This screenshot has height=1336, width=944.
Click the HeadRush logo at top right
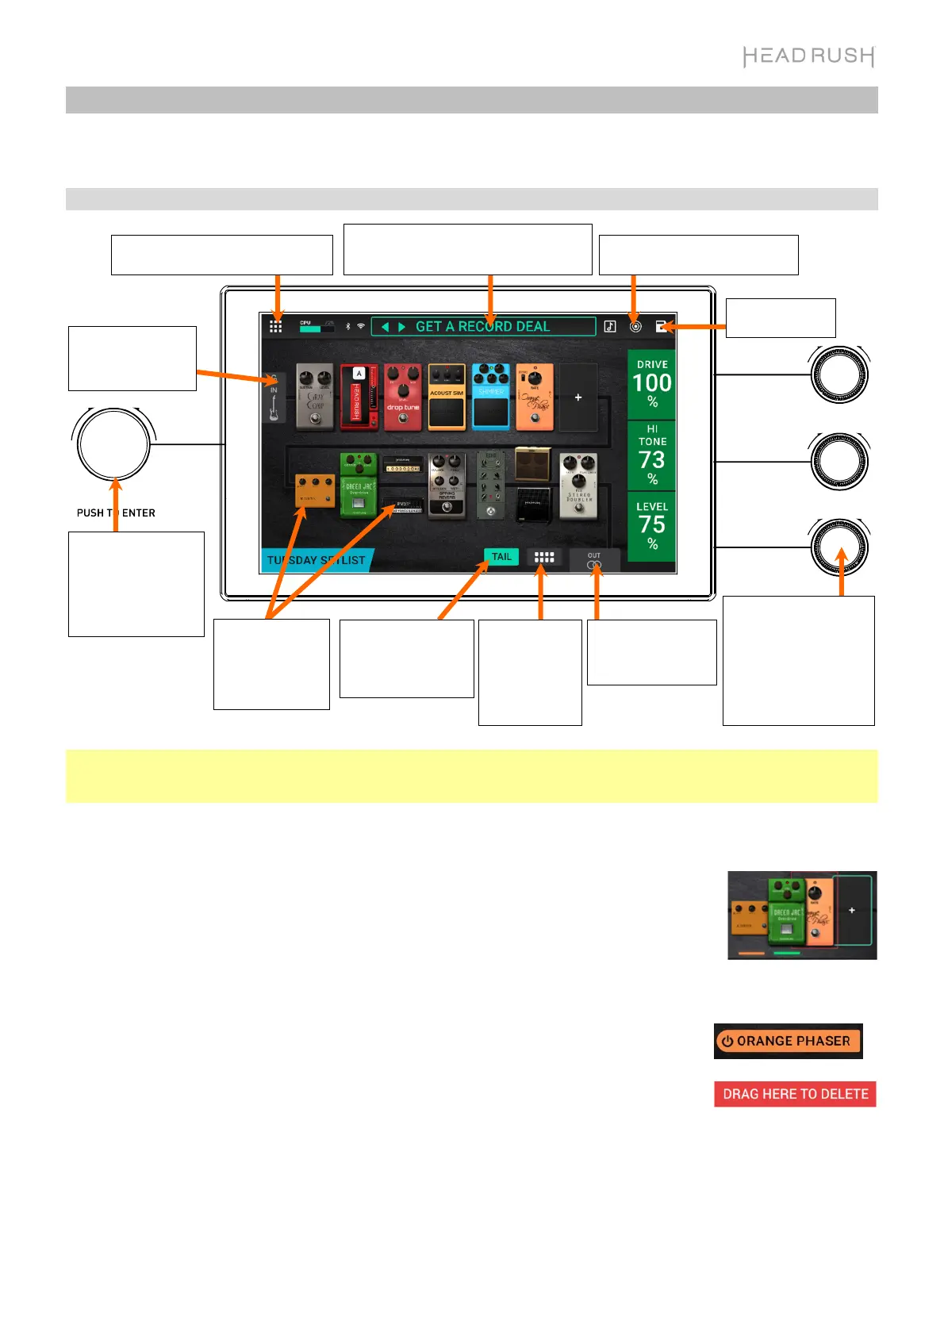[808, 56]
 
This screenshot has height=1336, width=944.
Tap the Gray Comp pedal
[315, 397]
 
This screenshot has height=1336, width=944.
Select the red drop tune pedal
[403, 397]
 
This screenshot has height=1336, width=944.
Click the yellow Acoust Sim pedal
[447, 397]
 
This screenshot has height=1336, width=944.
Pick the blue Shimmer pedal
[491, 397]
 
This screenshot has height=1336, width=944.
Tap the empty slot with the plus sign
[578, 397]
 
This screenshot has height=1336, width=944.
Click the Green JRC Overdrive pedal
[359, 485]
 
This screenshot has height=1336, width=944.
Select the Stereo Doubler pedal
[578, 486]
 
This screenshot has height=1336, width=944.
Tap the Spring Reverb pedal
[447, 486]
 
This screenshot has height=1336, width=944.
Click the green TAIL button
[501, 557]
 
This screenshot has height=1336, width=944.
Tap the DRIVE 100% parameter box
[652, 384]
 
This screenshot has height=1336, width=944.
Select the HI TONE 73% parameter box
[652, 455]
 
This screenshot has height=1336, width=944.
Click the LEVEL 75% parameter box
[652, 526]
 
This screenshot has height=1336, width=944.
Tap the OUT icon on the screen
[594, 561]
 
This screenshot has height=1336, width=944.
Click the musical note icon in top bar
[610, 326]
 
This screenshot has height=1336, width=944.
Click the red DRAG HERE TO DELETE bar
[795, 1094]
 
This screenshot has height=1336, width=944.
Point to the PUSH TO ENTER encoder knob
[113, 445]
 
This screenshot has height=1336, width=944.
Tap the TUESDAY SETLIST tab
[316, 560]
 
